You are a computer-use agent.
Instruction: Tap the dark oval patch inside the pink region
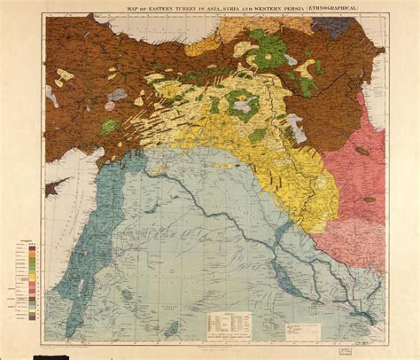click(363, 151)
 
